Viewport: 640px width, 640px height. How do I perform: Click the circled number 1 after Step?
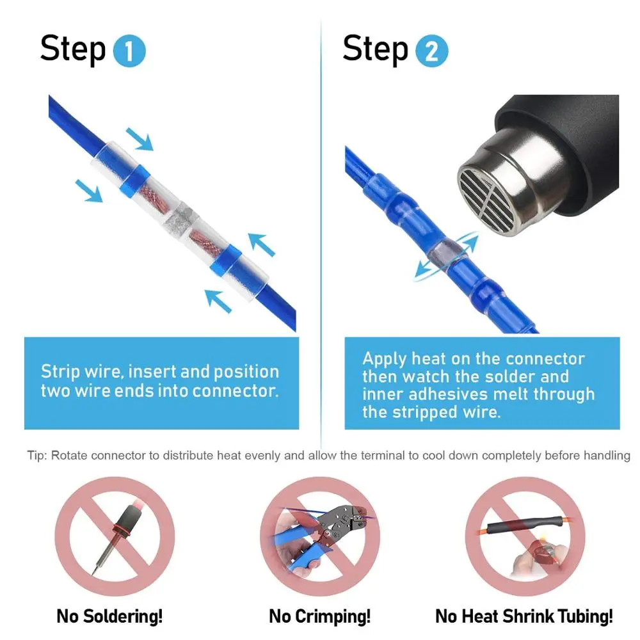tap(129, 52)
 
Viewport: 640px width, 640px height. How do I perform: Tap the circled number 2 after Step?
tap(431, 52)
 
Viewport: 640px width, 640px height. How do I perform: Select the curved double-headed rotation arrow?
tap(446, 257)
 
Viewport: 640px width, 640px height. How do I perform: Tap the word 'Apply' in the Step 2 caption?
tap(384, 358)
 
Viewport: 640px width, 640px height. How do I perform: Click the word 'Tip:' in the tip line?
tap(37, 456)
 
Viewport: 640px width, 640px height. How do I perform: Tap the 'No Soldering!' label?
tap(109, 616)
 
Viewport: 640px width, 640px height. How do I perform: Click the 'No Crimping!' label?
tap(319, 616)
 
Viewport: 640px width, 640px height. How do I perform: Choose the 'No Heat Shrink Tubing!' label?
tap(524, 616)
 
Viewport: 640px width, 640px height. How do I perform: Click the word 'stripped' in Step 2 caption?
tap(417, 412)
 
